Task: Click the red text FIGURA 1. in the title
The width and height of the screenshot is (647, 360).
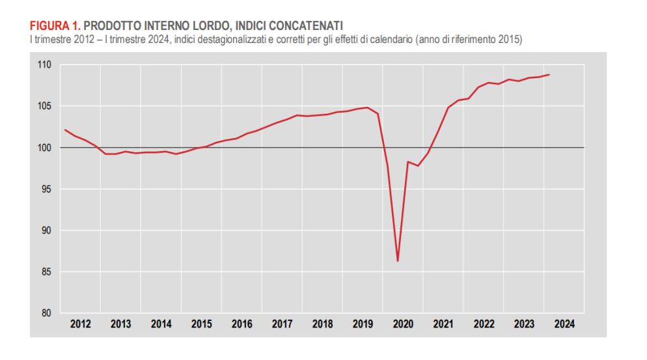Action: [55, 26]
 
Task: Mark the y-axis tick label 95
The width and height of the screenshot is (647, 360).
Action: [46, 189]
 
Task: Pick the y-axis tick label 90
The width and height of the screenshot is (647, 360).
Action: [46, 230]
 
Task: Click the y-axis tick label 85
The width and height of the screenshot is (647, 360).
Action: [46, 272]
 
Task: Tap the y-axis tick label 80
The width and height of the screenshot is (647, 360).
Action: [46, 313]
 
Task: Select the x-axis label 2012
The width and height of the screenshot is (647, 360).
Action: [81, 324]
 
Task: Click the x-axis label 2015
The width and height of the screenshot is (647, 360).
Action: [202, 324]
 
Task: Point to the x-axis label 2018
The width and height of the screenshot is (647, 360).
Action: [323, 324]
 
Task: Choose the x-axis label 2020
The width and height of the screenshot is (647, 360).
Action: [404, 324]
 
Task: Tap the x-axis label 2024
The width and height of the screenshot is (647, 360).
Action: [564, 324]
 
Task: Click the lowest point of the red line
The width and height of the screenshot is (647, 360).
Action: [398, 261]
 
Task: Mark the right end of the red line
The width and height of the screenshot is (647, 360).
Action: [549, 74]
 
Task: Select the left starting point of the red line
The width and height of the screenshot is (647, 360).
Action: [65, 130]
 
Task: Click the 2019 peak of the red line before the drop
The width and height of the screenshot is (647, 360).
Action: [368, 107]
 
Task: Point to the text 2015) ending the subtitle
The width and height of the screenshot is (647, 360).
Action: [510, 40]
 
